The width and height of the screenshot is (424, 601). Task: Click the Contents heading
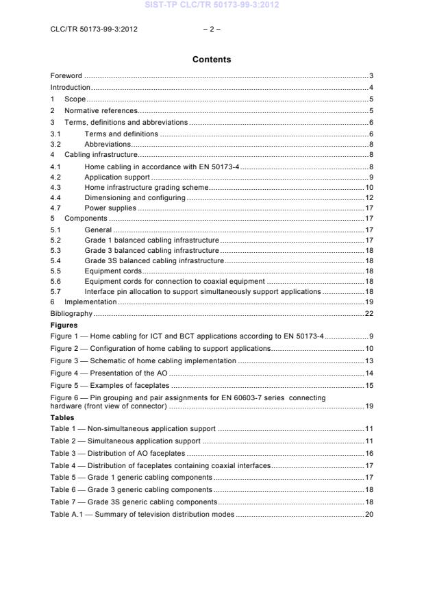tap(212, 60)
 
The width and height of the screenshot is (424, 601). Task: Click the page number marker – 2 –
tap(212, 29)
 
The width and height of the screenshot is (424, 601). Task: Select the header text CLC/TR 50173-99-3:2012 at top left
tap(89, 29)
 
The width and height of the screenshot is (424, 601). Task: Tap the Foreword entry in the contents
tap(66, 75)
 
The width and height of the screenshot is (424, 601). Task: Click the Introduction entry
tap(71, 87)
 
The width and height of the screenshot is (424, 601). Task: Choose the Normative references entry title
tap(101, 110)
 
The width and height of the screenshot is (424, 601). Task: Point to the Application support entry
tap(117, 177)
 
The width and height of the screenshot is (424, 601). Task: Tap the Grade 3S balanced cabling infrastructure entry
tap(154, 260)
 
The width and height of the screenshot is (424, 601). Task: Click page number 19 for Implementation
tap(369, 302)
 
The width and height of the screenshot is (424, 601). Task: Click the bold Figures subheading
tap(64, 326)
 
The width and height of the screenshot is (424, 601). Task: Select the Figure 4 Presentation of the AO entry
tap(110, 373)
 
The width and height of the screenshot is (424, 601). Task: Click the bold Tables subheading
tap(62, 417)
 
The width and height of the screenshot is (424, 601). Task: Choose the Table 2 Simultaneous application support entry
tap(125, 441)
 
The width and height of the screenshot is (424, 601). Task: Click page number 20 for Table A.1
tap(369, 513)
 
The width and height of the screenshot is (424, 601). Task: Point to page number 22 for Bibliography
tap(369, 313)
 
